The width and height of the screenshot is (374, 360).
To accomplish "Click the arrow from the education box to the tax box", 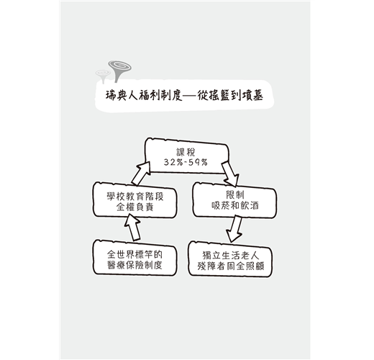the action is pyautogui.click(x=142, y=174).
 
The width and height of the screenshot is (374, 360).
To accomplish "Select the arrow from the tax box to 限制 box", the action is pyautogui.click(x=230, y=174).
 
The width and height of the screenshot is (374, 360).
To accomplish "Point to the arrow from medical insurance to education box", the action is pyautogui.click(x=132, y=228).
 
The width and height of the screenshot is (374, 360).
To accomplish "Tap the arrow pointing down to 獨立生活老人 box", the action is pyautogui.click(x=235, y=229).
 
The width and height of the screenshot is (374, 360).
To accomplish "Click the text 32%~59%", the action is pyautogui.click(x=186, y=163).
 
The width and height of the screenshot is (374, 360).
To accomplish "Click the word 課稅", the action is pyautogui.click(x=186, y=152).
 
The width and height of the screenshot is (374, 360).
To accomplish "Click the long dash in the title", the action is pyautogui.click(x=191, y=96).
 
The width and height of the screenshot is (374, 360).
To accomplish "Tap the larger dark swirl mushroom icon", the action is pyautogui.click(x=119, y=71).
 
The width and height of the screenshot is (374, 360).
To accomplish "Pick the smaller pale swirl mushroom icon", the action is pyautogui.click(x=103, y=76).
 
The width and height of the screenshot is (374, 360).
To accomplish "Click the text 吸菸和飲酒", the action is pyautogui.click(x=235, y=206).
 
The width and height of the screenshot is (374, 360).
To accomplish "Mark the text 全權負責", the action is pyautogui.click(x=134, y=207).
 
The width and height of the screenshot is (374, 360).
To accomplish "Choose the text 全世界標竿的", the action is pyautogui.click(x=134, y=254).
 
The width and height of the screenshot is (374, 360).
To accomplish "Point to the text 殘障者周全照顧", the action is pyautogui.click(x=231, y=266).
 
